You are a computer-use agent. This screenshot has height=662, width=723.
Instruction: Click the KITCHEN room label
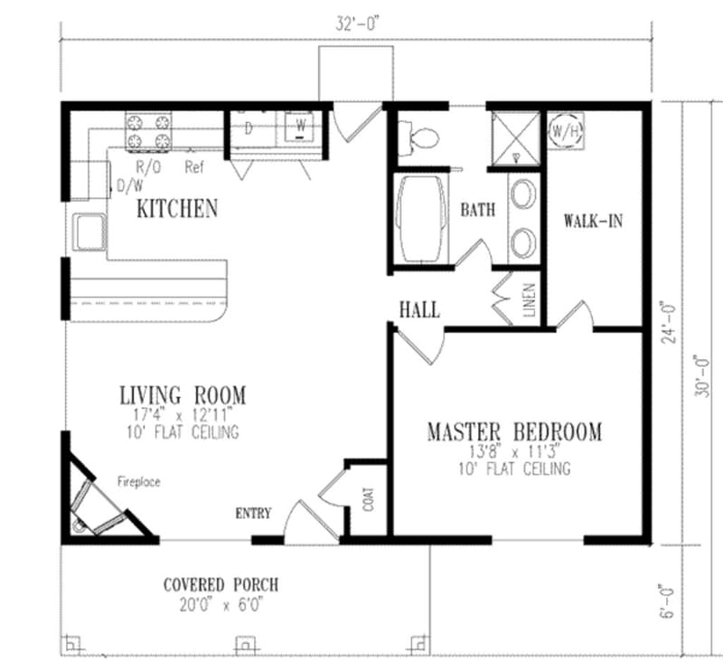point(177,209)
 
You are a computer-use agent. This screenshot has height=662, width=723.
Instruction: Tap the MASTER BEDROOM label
point(513,431)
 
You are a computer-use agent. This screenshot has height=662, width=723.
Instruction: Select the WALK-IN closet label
point(593,221)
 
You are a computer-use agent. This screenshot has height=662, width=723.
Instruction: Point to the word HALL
point(419,310)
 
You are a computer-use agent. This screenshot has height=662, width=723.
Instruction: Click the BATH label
point(478,211)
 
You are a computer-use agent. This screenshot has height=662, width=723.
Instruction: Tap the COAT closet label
point(368,500)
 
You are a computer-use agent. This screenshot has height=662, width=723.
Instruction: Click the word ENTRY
point(253,514)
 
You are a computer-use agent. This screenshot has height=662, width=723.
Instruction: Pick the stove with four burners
point(149,130)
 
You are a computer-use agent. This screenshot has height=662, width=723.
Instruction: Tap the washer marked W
point(298,127)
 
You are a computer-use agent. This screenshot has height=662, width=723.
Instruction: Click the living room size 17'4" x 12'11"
point(182,415)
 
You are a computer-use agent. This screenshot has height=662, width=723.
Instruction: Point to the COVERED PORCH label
point(221,584)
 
